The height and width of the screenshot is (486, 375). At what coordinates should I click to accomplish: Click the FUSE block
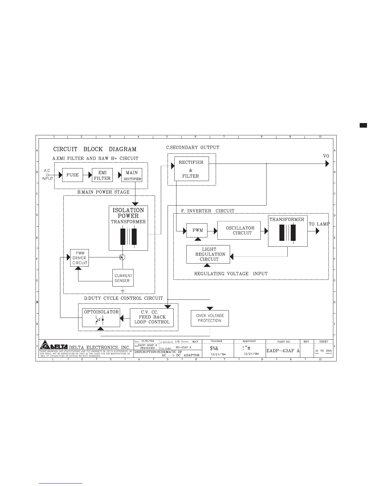click(73, 175)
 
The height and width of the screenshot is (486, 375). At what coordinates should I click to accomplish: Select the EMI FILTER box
click(102, 175)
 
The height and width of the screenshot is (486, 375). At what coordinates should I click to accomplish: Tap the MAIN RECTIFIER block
click(132, 175)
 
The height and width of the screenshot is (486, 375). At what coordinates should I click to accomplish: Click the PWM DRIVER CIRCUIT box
click(79, 258)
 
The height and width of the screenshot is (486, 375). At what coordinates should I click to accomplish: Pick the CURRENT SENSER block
click(123, 278)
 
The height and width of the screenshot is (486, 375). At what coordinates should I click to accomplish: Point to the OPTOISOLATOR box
click(101, 318)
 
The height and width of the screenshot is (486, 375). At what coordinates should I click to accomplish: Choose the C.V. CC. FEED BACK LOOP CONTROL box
click(152, 317)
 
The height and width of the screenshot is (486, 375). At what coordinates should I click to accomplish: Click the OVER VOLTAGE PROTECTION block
click(210, 318)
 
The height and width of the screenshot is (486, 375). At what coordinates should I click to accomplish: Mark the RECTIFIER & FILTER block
click(191, 169)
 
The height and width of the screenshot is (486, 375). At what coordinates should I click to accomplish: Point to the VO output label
click(326, 156)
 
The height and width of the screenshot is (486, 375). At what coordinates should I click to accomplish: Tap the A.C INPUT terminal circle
click(47, 175)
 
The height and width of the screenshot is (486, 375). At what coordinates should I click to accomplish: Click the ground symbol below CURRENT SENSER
click(123, 291)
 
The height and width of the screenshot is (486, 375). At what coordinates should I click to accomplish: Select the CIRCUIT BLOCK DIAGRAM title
click(95, 149)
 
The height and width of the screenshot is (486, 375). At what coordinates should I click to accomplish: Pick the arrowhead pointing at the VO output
click(327, 164)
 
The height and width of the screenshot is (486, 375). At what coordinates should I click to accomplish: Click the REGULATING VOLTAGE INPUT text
click(231, 273)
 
